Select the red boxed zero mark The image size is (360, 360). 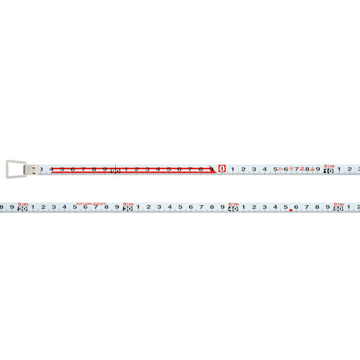point(222,170)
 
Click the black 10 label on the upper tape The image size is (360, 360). point(328,171)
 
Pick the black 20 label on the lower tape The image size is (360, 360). point(22,209)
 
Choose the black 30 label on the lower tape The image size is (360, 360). point(127,209)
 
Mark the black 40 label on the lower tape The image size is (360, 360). point(233,209)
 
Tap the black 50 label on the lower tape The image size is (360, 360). point(338,209)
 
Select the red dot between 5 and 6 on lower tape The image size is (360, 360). point(291,211)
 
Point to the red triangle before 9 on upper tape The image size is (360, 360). point(312,168)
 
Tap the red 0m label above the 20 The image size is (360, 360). point(22,203)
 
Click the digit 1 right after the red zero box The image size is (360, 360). point(233,170)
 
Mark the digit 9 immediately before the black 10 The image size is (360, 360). point(318,170)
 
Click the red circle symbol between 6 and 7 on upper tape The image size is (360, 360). point(291,168)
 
